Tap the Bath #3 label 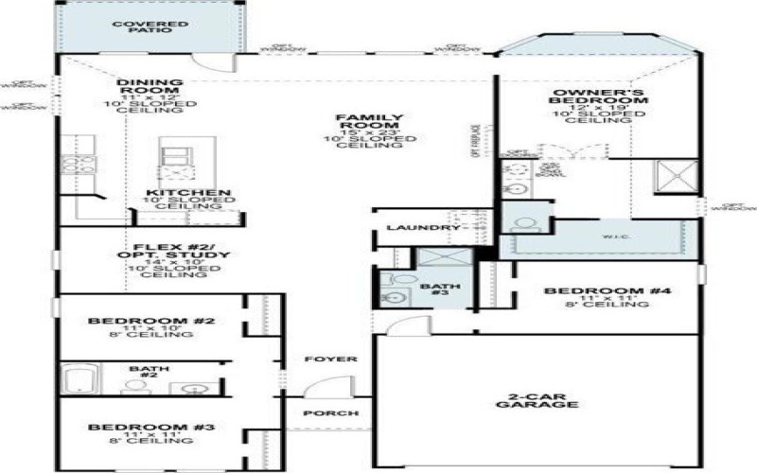point(441,289)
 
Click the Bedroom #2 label point(151,323)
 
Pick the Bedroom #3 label point(151,429)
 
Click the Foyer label point(330,359)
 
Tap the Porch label point(330,413)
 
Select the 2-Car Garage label point(537,398)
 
